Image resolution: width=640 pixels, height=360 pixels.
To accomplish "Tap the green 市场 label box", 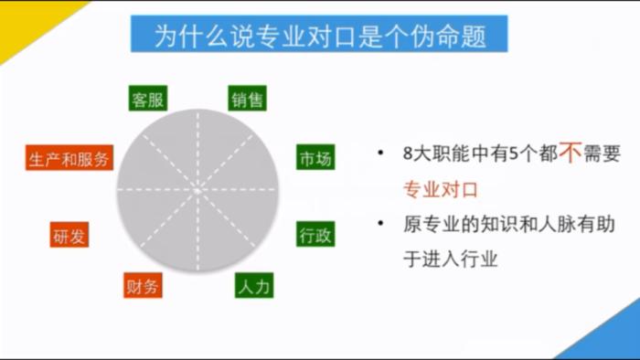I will [x=315, y=158].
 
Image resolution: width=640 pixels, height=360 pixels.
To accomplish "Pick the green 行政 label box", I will [x=315, y=235].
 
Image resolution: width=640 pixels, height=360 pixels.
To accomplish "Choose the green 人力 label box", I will [x=253, y=287].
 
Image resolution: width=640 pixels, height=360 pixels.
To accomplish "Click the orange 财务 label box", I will [x=143, y=287].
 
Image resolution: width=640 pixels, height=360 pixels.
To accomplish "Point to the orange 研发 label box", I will [x=70, y=236].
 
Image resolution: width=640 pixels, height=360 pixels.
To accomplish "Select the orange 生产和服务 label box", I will [x=69, y=159].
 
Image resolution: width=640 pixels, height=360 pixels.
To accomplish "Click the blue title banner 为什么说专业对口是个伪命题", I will [x=320, y=36].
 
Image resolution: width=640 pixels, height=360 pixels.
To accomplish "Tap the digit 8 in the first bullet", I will [x=408, y=155].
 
